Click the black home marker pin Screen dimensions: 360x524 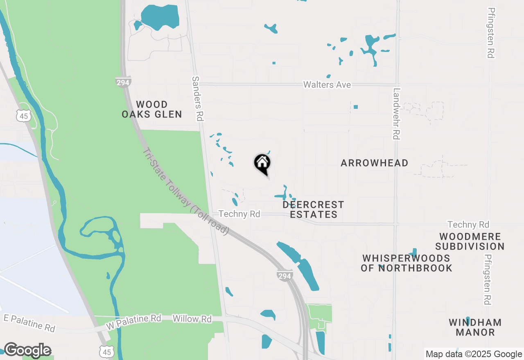tap(262, 164)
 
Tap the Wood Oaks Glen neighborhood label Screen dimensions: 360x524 tap(152, 110)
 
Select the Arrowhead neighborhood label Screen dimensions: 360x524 tap(374, 163)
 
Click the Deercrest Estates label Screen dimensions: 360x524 tap(313, 209)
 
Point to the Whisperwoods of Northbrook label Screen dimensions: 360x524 tap(406, 263)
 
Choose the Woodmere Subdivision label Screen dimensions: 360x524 tap(470, 242)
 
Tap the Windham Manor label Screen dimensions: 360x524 tap(475, 327)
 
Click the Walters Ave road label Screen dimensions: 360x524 tap(327, 85)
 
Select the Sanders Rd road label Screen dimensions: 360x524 tap(197, 98)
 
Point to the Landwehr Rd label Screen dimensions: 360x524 tap(395, 114)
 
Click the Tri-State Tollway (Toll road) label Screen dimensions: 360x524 tap(185, 191)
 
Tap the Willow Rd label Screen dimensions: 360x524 tap(192, 319)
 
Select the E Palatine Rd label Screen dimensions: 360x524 tap(29, 323)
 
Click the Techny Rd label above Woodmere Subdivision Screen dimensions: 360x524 tap(468, 225)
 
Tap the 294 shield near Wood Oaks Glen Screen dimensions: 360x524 tap(123, 82)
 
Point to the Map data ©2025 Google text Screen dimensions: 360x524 tap(474, 354)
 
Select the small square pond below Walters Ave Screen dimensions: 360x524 tap(356, 107)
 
